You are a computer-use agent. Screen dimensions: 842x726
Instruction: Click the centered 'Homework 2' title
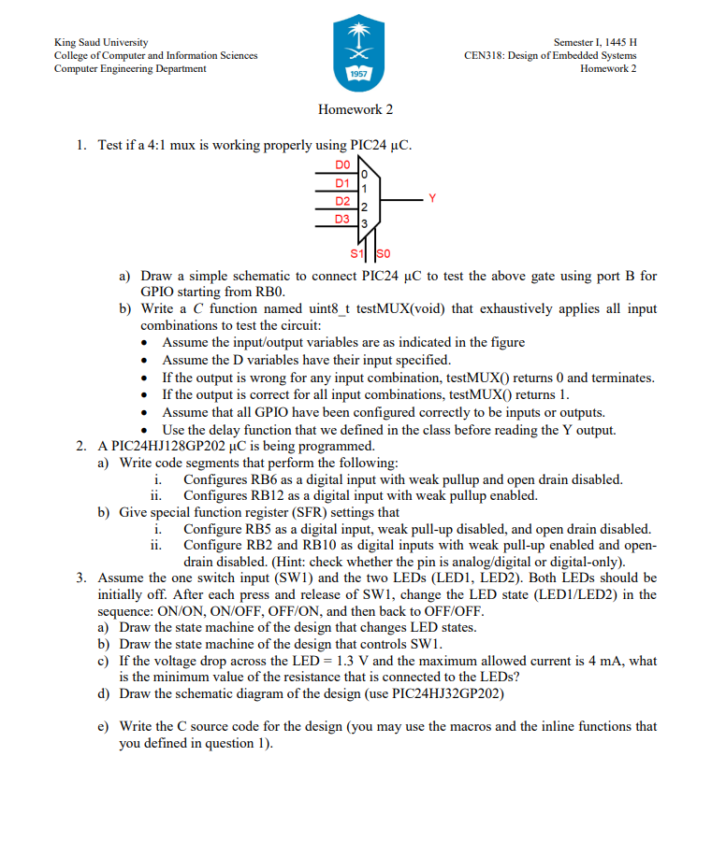point(356,109)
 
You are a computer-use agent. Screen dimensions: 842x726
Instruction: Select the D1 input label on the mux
point(343,182)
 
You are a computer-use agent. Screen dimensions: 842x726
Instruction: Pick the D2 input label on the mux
point(343,201)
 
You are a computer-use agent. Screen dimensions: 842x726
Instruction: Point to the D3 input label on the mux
point(343,219)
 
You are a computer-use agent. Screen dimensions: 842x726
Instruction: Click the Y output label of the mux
point(431,197)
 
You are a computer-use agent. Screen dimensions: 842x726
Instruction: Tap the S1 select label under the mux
point(356,253)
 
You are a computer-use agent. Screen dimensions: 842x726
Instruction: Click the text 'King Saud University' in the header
point(101,43)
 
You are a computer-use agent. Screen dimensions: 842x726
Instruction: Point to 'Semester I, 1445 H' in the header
point(595,43)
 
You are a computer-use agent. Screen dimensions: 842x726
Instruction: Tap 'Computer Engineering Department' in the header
point(131,69)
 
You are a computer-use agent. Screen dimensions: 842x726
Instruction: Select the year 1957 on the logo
point(356,73)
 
